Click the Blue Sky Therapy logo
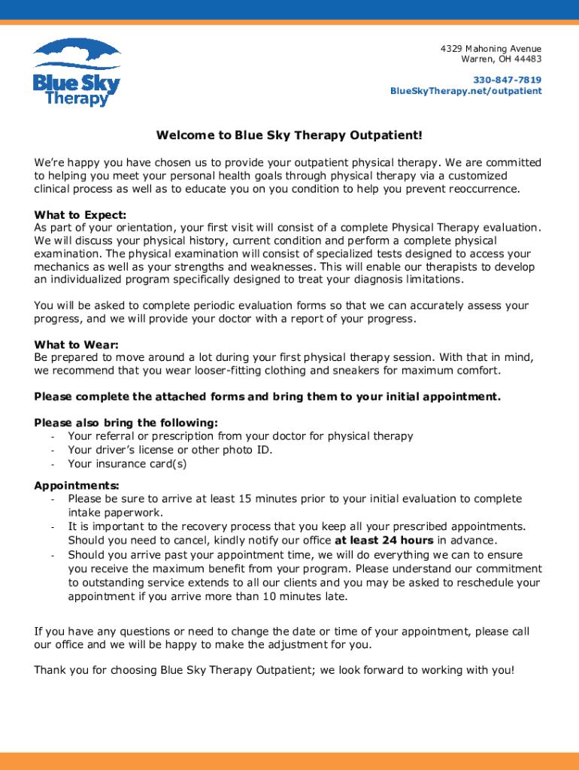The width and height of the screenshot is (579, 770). [76, 72]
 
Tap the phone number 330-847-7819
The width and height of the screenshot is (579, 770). [507, 80]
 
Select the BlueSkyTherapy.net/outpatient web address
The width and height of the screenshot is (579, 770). [465, 91]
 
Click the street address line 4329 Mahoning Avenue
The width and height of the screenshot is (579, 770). [490, 49]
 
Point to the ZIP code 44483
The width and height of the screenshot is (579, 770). [527, 59]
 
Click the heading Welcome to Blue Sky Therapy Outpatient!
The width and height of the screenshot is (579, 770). [289, 135]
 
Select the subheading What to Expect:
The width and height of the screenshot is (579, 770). [80, 215]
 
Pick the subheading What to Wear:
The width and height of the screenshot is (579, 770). [75, 345]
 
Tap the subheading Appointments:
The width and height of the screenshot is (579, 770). [77, 486]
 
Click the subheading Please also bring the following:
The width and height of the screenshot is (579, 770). [126, 423]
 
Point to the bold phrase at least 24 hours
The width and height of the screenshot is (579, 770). [383, 540]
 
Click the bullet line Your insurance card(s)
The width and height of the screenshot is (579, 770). [127, 464]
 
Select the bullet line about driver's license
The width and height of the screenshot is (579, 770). [170, 450]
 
